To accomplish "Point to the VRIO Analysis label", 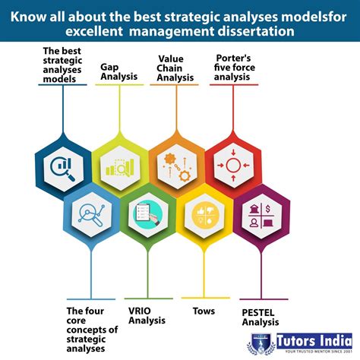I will (147, 314).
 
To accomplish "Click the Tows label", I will (203, 311).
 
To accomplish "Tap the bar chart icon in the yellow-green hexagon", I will (119, 166).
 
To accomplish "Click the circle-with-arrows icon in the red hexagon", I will (233, 166).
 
